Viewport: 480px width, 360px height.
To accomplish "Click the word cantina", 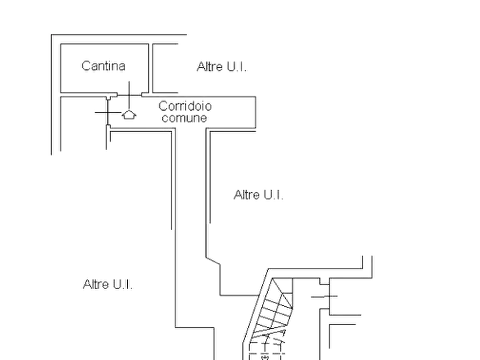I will point(104,66).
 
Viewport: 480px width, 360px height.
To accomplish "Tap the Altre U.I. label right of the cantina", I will point(222,67).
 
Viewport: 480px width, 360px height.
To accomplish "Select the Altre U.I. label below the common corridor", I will point(260,195).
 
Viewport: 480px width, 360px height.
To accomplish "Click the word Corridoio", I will point(186,105).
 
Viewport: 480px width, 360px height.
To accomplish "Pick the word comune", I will point(184,118).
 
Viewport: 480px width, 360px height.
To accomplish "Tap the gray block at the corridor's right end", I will point(256,112).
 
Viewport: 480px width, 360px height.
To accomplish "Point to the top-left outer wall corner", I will point(51,34).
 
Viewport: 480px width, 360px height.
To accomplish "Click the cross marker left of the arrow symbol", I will point(108,114).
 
